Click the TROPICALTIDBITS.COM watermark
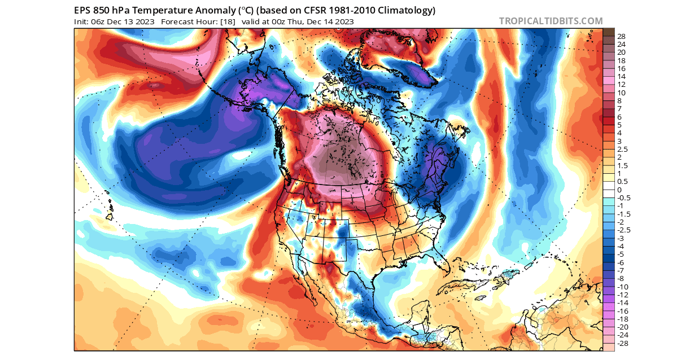tap(551, 21)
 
